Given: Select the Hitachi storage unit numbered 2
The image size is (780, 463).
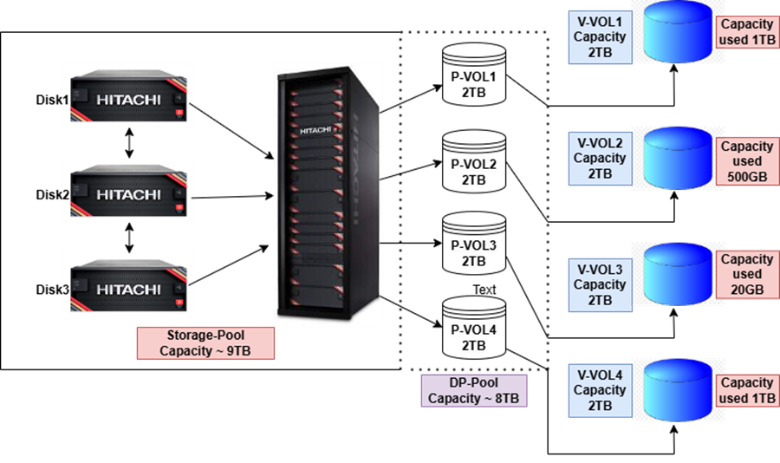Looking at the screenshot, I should pyautogui.click(x=128, y=192).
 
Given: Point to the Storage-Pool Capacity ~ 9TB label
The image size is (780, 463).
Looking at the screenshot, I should pyautogui.click(x=205, y=343).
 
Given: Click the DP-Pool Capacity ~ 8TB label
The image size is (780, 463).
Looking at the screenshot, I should pyautogui.click(x=473, y=391).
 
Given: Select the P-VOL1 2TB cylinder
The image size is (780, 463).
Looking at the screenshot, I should pyautogui.click(x=473, y=75).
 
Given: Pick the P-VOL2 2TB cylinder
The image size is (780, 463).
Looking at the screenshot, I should pyautogui.click(x=473, y=162).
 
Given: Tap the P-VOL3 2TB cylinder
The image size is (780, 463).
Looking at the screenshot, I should pyautogui.click(x=473, y=245).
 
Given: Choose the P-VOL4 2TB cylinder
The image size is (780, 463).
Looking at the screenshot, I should pyautogui.click(x=473, y=329).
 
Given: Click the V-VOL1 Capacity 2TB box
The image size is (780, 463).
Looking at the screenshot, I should pyautogui.click(x=599, y=36).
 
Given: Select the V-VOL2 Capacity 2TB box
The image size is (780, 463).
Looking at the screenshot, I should pyautogui.click(x=599, y=158).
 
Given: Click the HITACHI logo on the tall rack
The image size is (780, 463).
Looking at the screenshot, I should pyautogui.click(x=315, y=131).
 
